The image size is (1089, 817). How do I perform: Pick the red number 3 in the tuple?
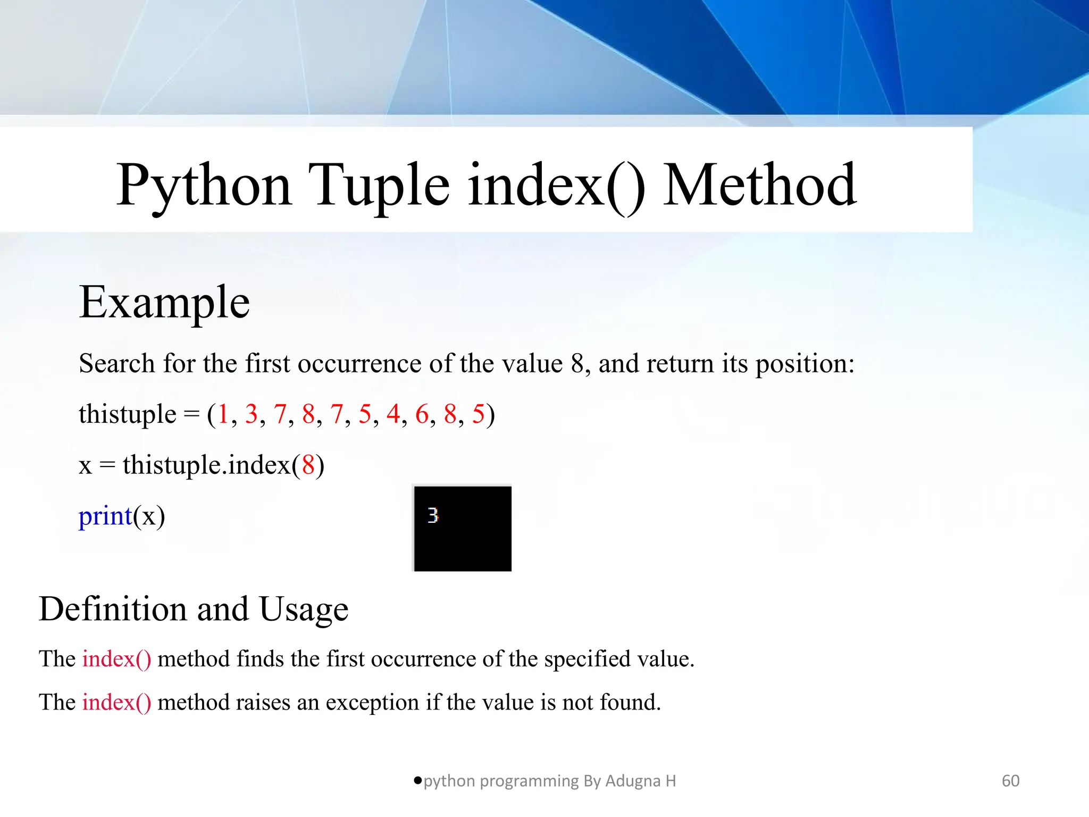pos(251,414)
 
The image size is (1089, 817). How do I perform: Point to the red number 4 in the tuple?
pos(393,414)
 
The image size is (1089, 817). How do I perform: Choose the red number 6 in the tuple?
pos(422,414)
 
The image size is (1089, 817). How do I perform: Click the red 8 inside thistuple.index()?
pos(308,465)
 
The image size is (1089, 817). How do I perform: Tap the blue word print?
pos(105,516)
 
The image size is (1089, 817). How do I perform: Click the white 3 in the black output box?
pos(433,515)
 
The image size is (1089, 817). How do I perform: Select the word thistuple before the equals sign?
pos(127,414)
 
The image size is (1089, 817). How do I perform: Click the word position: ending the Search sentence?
pos(805,364)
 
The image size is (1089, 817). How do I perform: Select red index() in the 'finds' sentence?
pos(116,659)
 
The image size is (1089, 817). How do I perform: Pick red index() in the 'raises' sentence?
pos(116,703)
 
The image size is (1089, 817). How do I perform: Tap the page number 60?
pos(1010,781)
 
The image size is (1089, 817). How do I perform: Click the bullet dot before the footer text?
pos(417,780)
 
